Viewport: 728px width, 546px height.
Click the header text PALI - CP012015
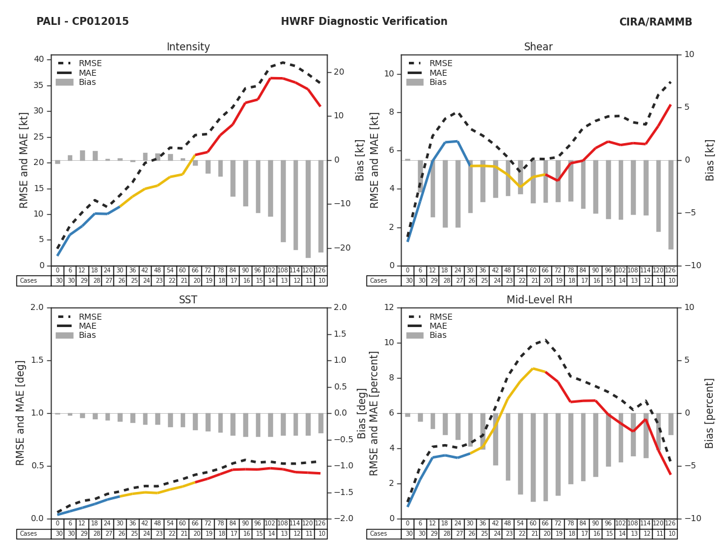coord(83,22)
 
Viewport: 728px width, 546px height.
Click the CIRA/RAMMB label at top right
coord(655,22)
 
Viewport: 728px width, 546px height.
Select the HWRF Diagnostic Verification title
coord(364,22)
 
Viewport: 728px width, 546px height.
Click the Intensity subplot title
coord(188,47)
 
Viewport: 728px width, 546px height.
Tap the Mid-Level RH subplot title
coord(539,300)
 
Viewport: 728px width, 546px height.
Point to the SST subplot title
coord(188,300)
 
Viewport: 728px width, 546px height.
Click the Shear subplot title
coord(539,47)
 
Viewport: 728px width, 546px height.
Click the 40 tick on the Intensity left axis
coord(39,59)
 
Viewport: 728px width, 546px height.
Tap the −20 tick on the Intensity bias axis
coord(339,248)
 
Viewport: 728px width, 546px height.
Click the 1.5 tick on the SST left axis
coord(37,360)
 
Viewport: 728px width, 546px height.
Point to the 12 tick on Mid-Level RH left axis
coord(388,308)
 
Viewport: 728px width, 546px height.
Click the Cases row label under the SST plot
coord(29,534)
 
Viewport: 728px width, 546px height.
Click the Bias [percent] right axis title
coord(710,413)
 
